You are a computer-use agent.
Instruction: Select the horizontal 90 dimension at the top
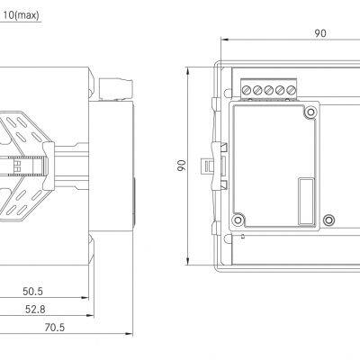(x=320, y=33)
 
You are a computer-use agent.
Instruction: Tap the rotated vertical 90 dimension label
(x=181, y=166)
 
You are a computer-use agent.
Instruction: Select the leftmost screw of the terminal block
(x=246, y=90)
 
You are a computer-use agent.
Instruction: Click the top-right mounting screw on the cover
(x=310, y=112)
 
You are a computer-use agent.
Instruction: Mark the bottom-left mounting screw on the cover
(x=239, y=219)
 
